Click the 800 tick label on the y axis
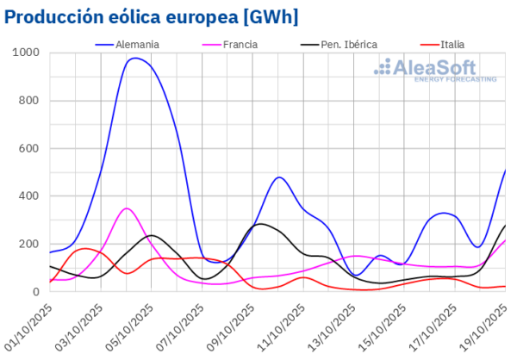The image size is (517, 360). (28, 101)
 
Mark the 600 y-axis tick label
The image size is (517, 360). (28, 148)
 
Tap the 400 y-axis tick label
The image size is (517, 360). (28, 196)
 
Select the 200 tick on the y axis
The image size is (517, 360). (28, 244)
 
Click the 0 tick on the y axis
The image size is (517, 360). (36, 292)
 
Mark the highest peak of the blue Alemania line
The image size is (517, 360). (135, 59)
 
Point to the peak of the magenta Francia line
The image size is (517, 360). (127, 208)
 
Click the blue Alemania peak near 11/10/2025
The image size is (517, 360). (278, 177)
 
